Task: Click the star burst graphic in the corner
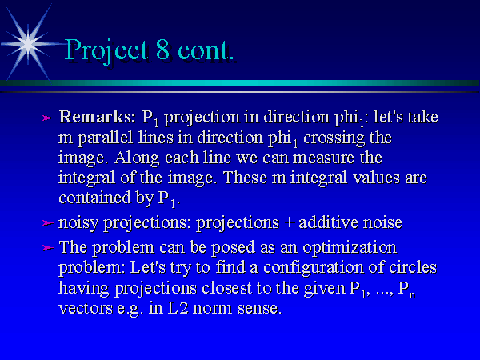point(28,44)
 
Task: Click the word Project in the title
point(106,51)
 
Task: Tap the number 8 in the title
point(163,49)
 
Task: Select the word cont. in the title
point(206,50)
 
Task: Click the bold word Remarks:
point(97,117)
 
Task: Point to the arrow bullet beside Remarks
point(48,118)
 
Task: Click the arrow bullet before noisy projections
point(48,223)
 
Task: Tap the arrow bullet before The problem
point(48,247)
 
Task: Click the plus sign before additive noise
point(289,222)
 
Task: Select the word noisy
point(78,223)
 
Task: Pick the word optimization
point(350,248)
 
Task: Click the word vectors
point(86,308)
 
